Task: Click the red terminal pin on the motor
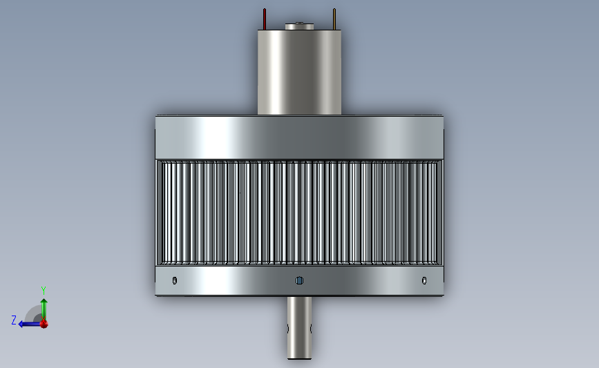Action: pyautogui.click(x=265, y=19)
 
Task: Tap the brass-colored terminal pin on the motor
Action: pyautogui.click(x=334, y=19)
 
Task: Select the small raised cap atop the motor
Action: pyautogui.click(x=300, y=26)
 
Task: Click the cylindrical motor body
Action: pyautogui.click(x=300, y=72)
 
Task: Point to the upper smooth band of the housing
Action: pyautogui.click(x=300, y=137)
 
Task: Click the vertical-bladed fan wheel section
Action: pyautogui.click(x=300, y=212)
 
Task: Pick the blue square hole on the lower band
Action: pyautogui.click(x=300, y=280)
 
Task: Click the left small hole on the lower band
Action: pyautogui.click(x=175, y=280)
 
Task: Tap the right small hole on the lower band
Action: pyautogui.click(x=424, y=280)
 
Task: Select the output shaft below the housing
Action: pyautogui.click(x=300, y=327)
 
